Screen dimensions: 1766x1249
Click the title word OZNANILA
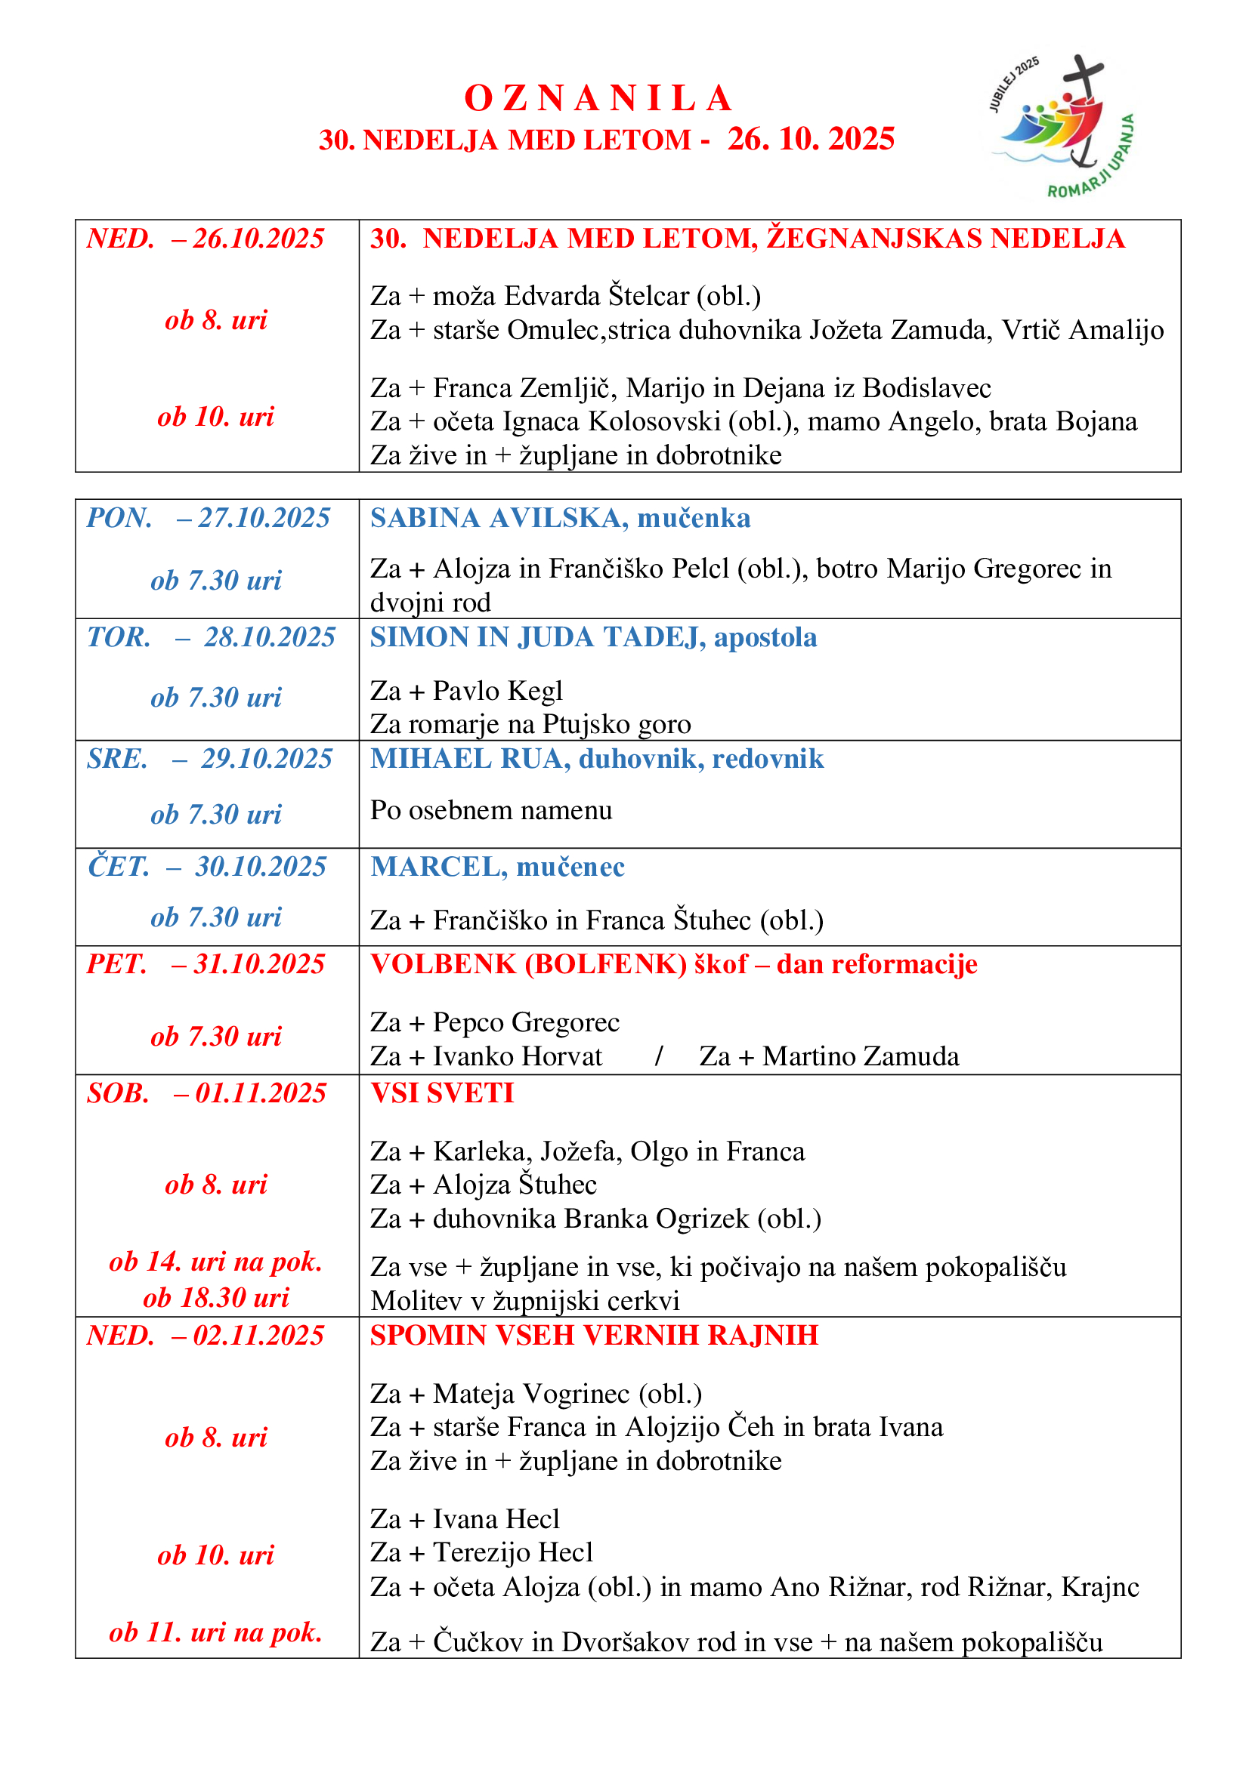tap(598, 98)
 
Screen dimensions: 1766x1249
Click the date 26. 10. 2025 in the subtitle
tap(810, 139)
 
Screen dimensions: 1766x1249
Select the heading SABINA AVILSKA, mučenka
tap(559, 518)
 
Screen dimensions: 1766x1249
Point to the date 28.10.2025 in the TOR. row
tap(269, 637)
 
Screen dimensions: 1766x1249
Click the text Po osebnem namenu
tap(491, 810)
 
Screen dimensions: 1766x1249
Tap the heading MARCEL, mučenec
tap(497, 867)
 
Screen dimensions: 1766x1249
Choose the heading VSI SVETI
tap(442, 1093)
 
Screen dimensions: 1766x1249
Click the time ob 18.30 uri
tap(216, 1298)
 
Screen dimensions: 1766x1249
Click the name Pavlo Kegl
tap(497, 691)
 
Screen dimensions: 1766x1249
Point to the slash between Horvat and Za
tap(659, 1056)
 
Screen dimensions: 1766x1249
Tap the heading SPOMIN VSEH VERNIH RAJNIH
tap(594, 1336)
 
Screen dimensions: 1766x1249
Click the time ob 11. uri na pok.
tap(215, 1632)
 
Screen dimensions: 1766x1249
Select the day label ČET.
tap(118, 867)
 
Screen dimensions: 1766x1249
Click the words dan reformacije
tap(876, 963)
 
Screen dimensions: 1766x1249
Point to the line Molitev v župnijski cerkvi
tap(525, 1301)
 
